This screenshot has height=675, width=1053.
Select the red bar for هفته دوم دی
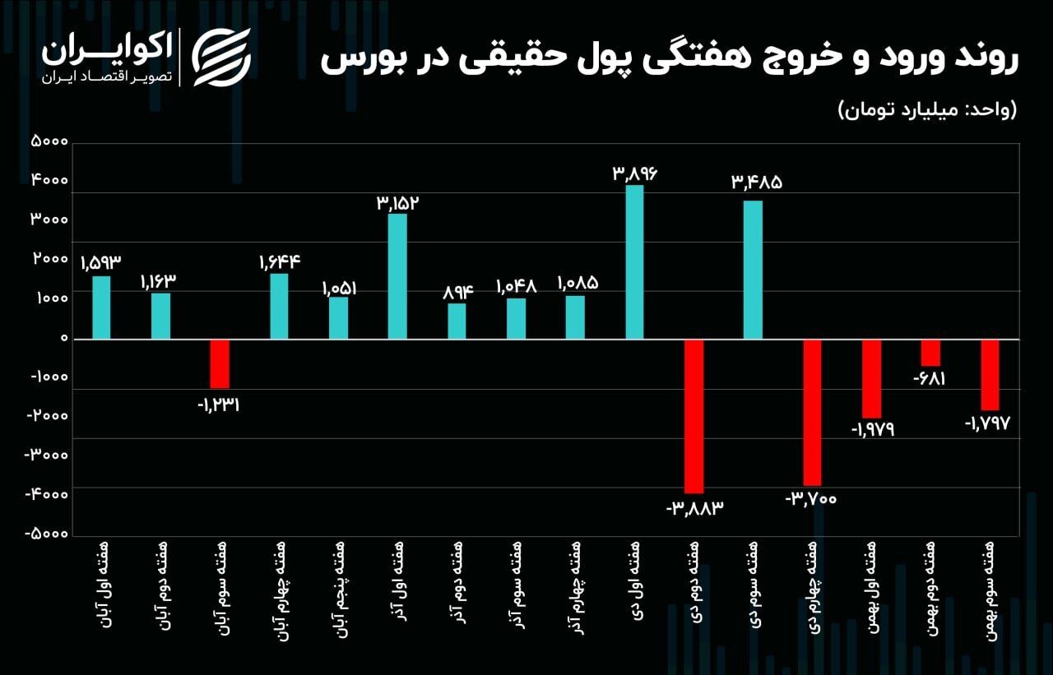pyautogui.click(x=693, y=416)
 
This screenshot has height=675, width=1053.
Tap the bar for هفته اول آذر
pyautogui.click(x=397, y=276)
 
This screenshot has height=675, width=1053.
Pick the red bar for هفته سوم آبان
pyautogui.click(x=220, y=363)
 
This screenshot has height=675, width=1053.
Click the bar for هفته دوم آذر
pyautogui.click(x=457, y=321)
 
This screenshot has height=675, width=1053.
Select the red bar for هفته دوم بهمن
pyautogui.click(x=930, y=353)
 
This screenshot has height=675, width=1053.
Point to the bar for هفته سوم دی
pyautogui.click(x=753, y=270)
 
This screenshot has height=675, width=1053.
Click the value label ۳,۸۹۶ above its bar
pyautogui.click(x=635, y=173)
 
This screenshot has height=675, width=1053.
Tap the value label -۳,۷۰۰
pyautogui.click(x=811, y=498)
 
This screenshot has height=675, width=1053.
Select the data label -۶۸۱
pyautogui.click(x=930, y=379)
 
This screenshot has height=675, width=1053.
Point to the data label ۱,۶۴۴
pyautogui.click(x=279, y=262)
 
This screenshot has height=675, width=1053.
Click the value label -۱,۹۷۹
pyautogui.click(x=871, y=430)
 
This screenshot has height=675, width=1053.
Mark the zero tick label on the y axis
pyautogui.click(x=62, y=338)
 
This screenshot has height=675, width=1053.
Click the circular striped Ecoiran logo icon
pyautogui.click(x=221, y=58)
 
